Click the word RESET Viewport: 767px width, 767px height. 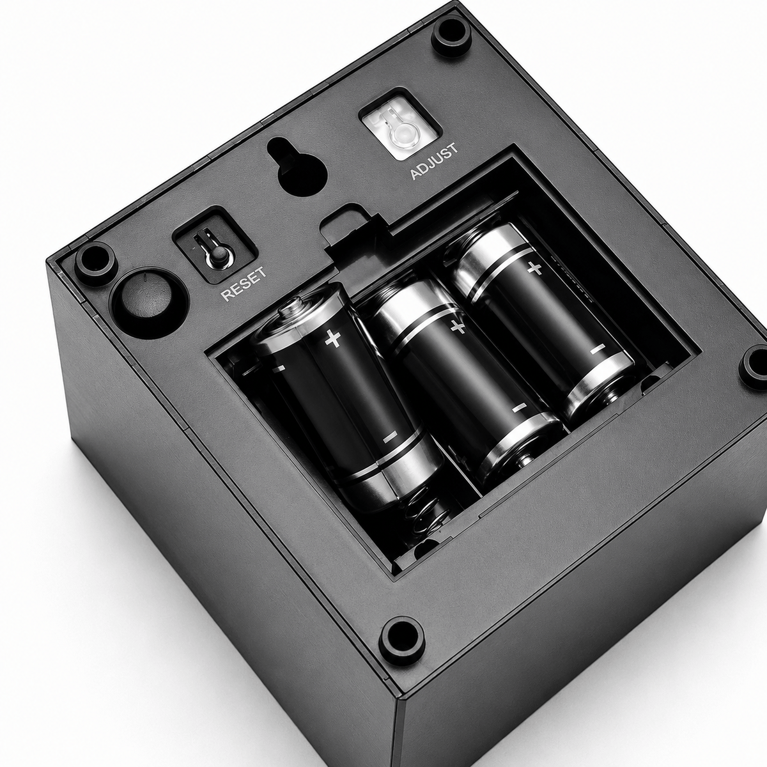pos(244,284)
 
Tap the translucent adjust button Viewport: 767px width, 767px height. pos(400,126)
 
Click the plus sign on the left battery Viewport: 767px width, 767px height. pos(333,339)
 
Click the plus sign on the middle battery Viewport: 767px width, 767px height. pos(458,327)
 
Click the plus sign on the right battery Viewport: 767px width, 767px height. pos(534,269)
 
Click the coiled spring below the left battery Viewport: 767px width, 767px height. pos(422,513)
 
